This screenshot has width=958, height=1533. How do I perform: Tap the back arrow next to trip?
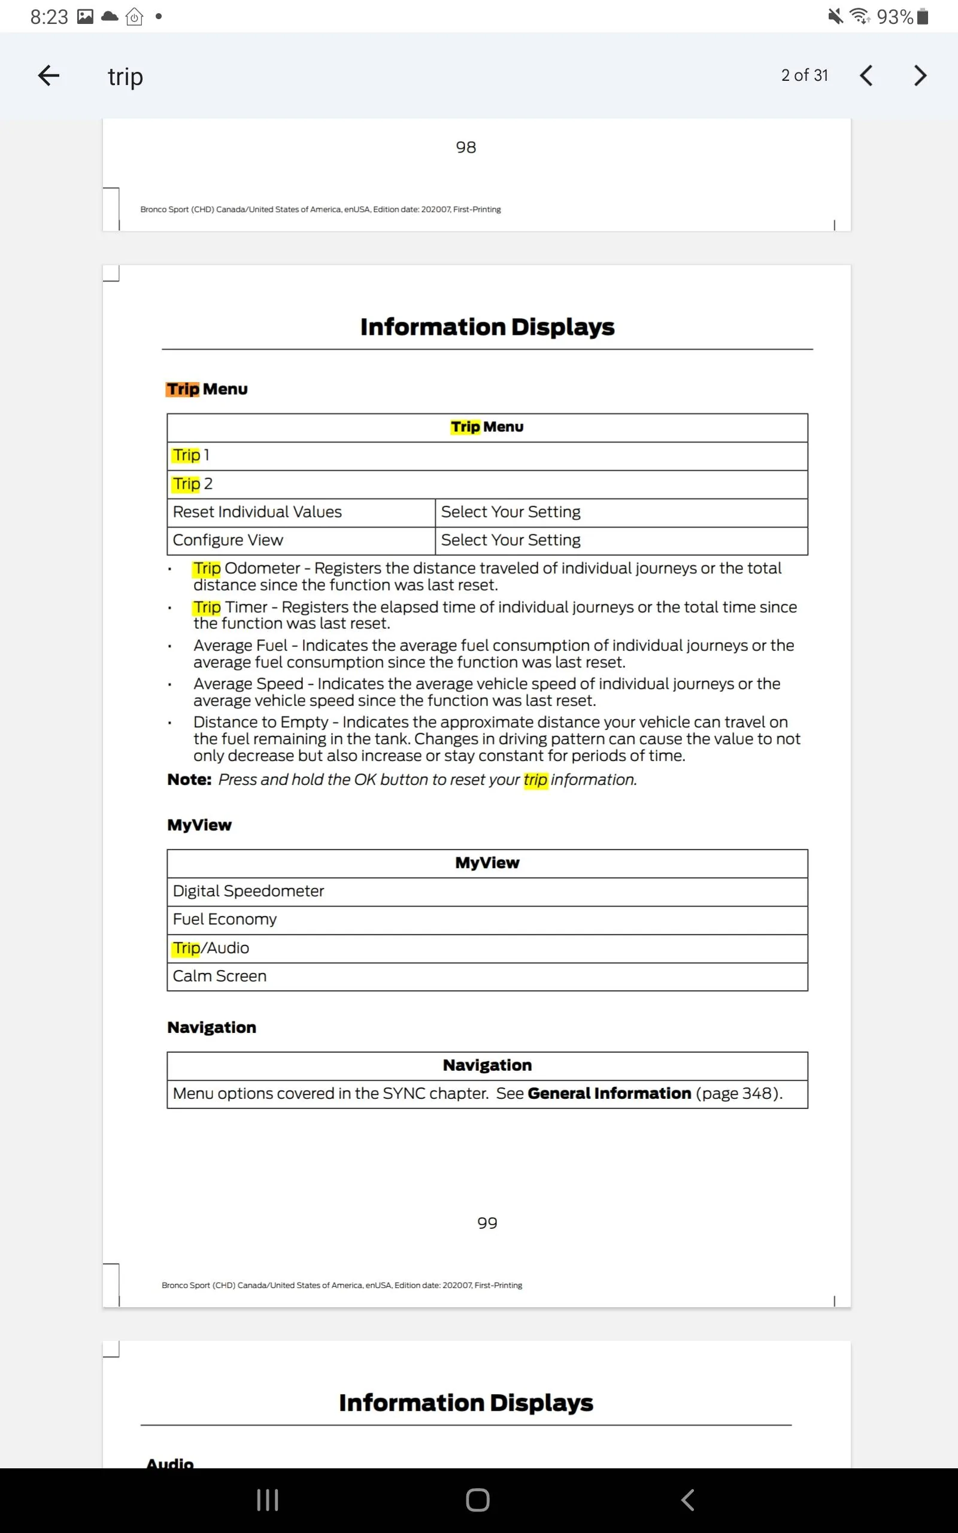[48, 76]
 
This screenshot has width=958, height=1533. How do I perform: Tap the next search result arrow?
[920, 76]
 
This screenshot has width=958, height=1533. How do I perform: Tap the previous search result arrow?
[866, 76]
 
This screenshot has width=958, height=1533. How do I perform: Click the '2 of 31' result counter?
[804, 75]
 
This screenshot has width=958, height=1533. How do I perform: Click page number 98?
[466, 147]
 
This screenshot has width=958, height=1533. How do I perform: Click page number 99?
[487, 1223]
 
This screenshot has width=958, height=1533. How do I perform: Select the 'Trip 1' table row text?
[191, 456]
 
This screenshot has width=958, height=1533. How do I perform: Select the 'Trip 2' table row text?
[192, 484]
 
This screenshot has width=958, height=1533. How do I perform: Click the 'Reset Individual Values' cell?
[257, 512]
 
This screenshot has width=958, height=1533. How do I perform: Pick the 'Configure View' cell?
[228, 540]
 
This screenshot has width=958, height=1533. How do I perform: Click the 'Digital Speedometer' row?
[248, 891]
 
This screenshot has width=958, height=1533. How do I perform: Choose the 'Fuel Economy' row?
[225, 919]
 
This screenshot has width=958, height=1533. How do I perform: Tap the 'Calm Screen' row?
[219, 976]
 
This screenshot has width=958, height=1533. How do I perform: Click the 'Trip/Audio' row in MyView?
[211, 949]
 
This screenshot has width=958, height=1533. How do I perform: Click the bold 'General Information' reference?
[609, 1093]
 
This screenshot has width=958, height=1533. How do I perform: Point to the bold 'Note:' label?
[189, 780]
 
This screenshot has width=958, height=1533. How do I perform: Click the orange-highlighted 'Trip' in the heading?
[183, 389]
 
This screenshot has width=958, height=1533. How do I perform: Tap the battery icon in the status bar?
[923, 17]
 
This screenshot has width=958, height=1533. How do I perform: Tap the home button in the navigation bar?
[478, 1499]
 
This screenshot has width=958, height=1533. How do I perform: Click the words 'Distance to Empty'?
[260, 722]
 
